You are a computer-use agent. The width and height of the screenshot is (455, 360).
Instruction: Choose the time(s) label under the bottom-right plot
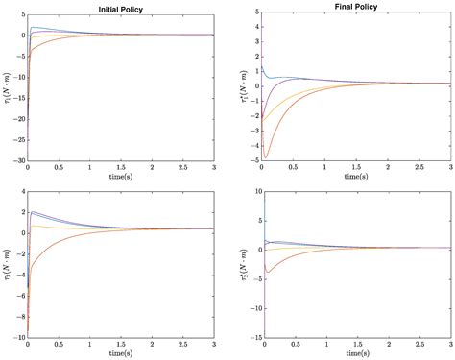(x=356, y=354)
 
